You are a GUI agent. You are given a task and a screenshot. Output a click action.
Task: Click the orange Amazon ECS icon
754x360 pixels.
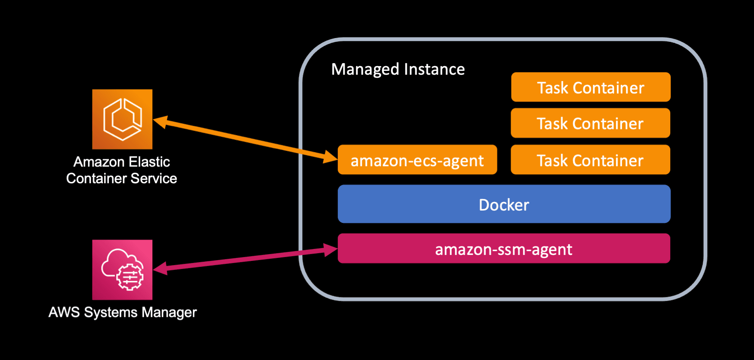click(x=122, y=119)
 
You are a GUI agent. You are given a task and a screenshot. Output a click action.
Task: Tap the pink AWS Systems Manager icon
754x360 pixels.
click(x=122, y=269)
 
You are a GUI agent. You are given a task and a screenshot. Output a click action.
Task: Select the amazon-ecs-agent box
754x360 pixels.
click(x=417, y=160)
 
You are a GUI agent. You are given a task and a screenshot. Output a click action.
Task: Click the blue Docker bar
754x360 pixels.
click(x=504, y=204)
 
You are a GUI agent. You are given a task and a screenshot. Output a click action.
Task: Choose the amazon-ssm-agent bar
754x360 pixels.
click(x=504, y=249)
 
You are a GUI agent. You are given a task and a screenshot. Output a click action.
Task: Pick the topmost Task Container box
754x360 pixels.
click(x=590, y=87)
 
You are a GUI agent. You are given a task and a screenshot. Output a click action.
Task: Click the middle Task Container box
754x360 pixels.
click(x=590, y=123)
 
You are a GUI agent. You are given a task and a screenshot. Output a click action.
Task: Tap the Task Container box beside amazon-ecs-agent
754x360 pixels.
click(x=590, y=160)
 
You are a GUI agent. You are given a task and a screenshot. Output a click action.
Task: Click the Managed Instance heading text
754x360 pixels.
click(x=398, y=69)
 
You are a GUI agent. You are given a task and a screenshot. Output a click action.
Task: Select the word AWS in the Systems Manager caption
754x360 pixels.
click(x=64, y=312)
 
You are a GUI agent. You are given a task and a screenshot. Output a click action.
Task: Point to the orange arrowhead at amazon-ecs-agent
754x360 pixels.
click(x=330, y=157)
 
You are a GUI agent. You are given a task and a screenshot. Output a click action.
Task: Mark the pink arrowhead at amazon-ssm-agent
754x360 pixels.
click(x=330, y=250)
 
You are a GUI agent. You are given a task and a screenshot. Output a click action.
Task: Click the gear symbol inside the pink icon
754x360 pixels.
click(x=129, y=278)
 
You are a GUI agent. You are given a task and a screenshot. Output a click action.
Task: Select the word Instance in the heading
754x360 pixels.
click(x=434, y=69)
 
